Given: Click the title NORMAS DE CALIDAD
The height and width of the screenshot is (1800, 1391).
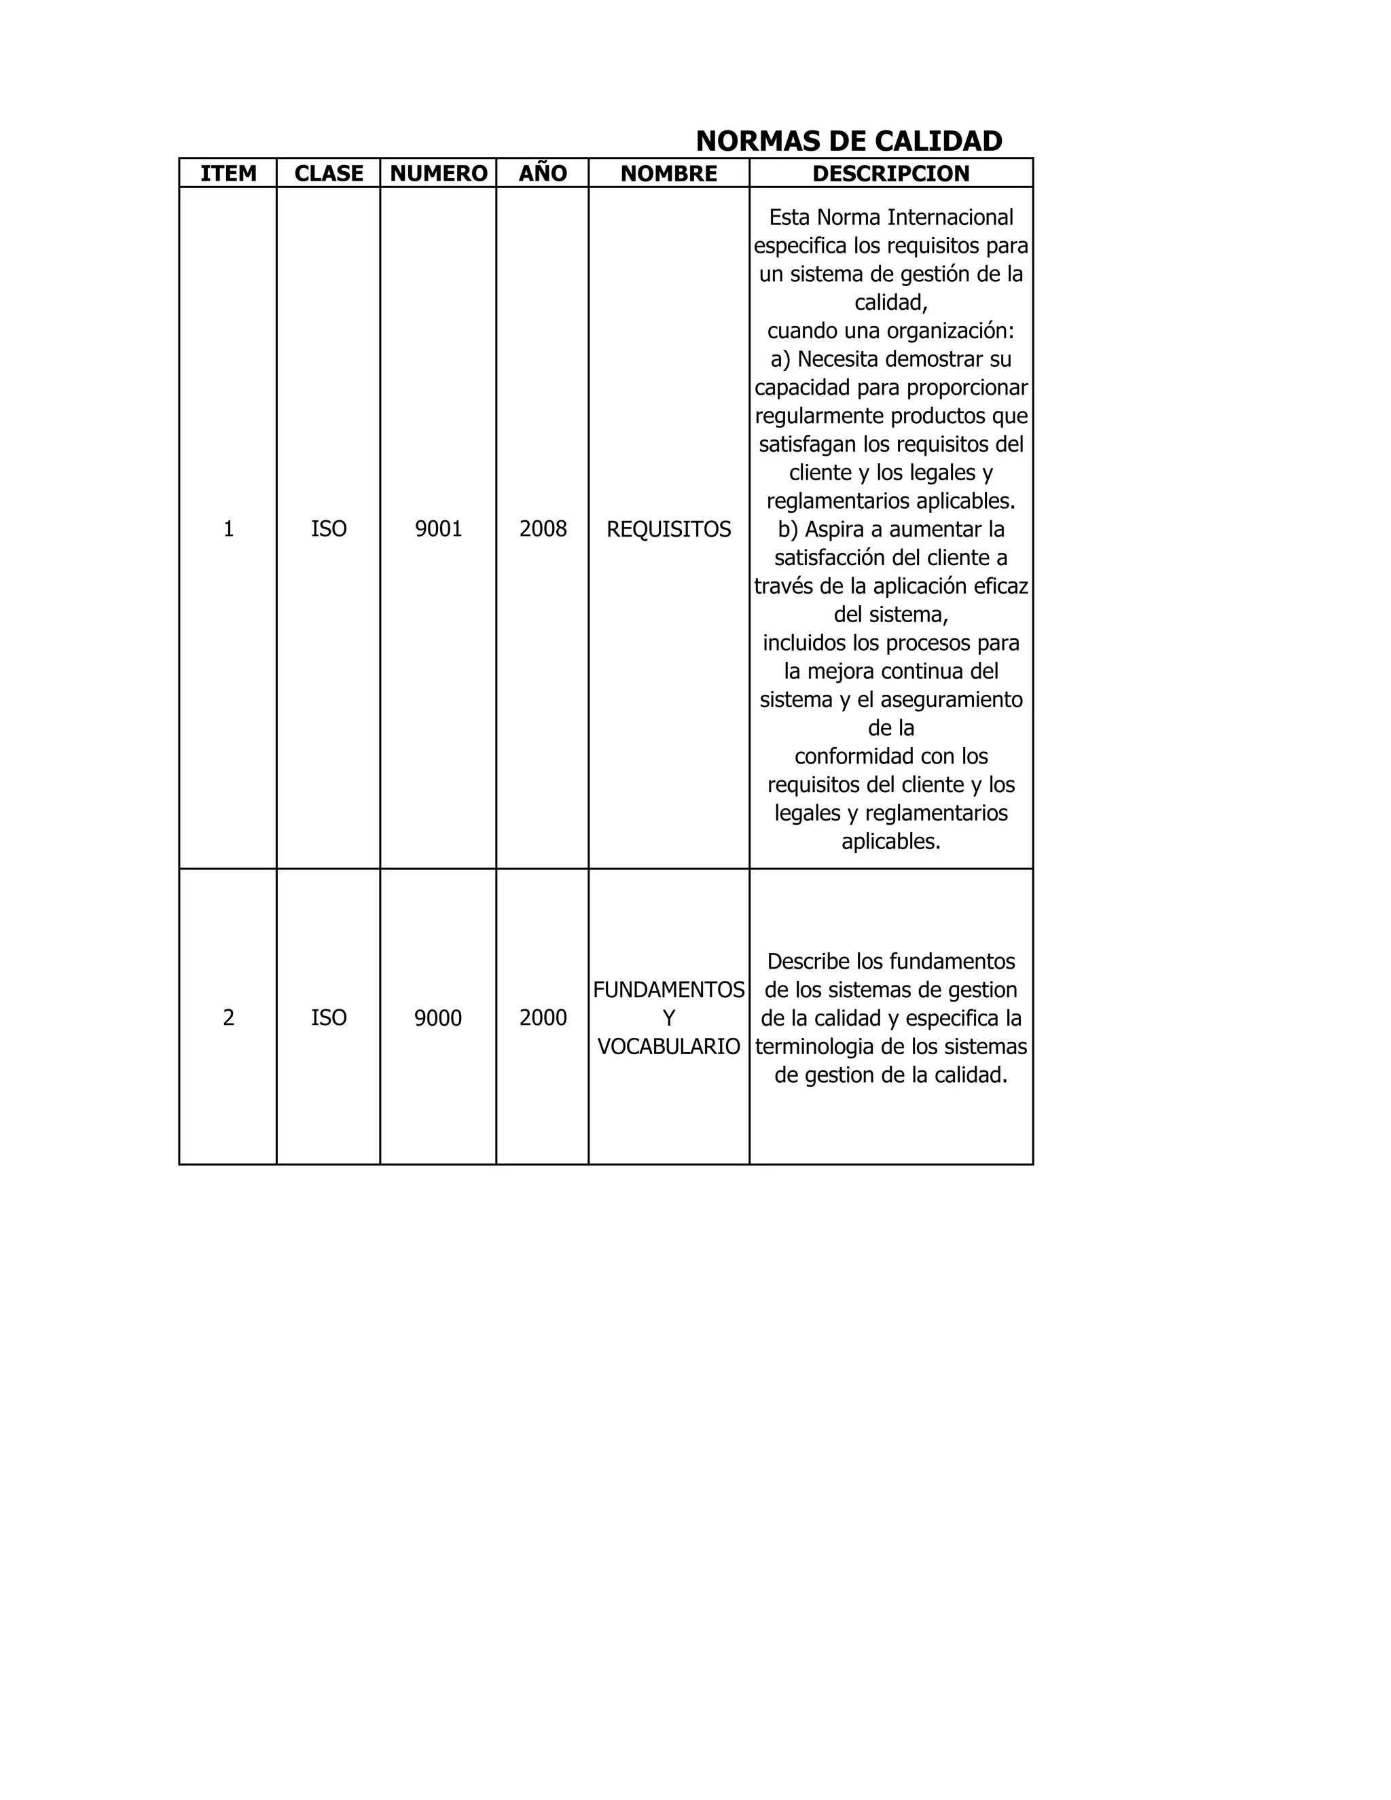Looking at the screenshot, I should (849, 141).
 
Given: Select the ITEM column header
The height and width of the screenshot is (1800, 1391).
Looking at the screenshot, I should (228, 173).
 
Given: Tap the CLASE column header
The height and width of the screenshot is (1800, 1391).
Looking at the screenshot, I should (329, 173).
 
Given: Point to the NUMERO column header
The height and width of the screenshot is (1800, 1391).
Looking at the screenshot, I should (438, 173).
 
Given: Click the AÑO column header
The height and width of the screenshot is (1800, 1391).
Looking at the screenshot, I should (543, 173).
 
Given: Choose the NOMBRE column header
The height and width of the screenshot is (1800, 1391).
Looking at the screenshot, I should (668, 173).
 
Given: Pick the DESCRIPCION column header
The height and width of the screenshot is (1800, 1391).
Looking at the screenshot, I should (891, 173).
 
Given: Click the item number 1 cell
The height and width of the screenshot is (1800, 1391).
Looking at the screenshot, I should (228, 529).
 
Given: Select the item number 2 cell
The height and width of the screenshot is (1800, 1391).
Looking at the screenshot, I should (228, 1018).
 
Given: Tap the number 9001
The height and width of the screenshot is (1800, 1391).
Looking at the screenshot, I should (438, 529).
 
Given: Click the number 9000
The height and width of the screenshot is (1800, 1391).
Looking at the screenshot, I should (437, 1018).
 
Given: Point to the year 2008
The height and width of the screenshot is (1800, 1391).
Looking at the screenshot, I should (543, 529).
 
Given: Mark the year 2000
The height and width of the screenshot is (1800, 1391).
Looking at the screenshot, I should (543, 1018).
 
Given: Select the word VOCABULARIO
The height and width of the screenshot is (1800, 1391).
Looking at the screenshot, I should (668, 1047).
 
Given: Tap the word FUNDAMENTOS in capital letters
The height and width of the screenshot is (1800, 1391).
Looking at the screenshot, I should (668, 990).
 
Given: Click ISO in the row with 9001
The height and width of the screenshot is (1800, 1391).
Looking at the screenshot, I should (329, 529).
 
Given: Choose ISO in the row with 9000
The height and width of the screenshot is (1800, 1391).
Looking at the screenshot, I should (329, 1018).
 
